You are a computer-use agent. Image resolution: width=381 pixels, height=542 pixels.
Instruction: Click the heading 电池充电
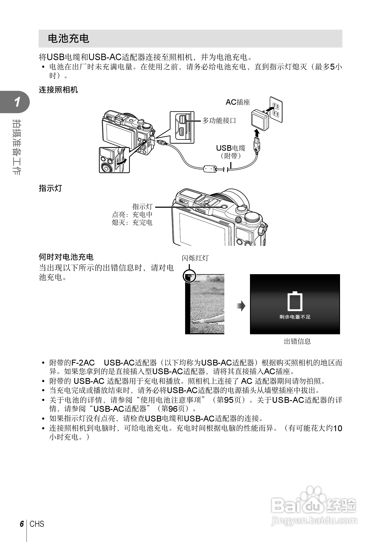[x=69, y=39]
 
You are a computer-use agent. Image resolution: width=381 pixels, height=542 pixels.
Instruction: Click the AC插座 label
[x=238, y=102]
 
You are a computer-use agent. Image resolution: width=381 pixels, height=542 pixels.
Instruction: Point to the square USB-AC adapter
[x=259, y=120]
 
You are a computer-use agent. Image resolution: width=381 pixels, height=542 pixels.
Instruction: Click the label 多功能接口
[x=219, y=121]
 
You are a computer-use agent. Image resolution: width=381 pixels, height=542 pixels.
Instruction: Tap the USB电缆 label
[x=231, y=148]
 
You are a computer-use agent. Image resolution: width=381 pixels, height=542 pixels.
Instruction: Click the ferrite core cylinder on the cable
[x=210, y=168]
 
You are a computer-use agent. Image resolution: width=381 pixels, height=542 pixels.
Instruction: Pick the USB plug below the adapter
[x=256, y=143]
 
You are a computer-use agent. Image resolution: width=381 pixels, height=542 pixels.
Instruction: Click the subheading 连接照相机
[x=58, y=90]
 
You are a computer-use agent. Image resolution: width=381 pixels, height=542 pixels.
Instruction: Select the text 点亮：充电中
[x=132, y=215]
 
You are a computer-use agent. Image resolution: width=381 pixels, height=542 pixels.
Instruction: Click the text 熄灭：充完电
[x=132, y=222]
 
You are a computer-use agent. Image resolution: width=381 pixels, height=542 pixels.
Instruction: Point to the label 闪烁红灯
[x=195, y=258]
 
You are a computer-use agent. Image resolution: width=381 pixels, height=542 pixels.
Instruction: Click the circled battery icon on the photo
[x=189, y=276]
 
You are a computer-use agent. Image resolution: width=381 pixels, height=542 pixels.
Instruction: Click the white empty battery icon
[x=295, y=301]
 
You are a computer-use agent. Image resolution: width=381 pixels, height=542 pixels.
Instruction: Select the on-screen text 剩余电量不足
[x=295, y=317]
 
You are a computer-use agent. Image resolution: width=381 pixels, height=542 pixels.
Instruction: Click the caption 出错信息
[x=297, y=341]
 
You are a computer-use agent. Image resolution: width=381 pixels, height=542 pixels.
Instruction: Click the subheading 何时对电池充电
[x=66, y=257]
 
